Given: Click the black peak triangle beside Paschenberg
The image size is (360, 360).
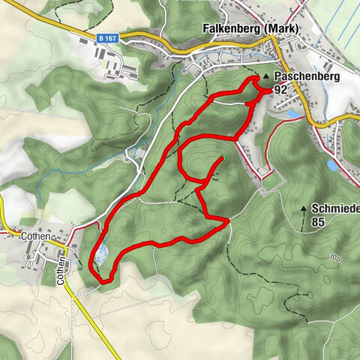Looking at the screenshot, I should tap(265, 77).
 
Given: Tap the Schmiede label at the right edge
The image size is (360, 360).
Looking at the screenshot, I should tap(336, 208).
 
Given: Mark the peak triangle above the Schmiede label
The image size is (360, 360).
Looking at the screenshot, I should tap(304, 208).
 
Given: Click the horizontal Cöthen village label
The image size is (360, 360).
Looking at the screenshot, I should tap(35, 235).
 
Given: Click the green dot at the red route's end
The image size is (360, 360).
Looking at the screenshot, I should tap(223, 157).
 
